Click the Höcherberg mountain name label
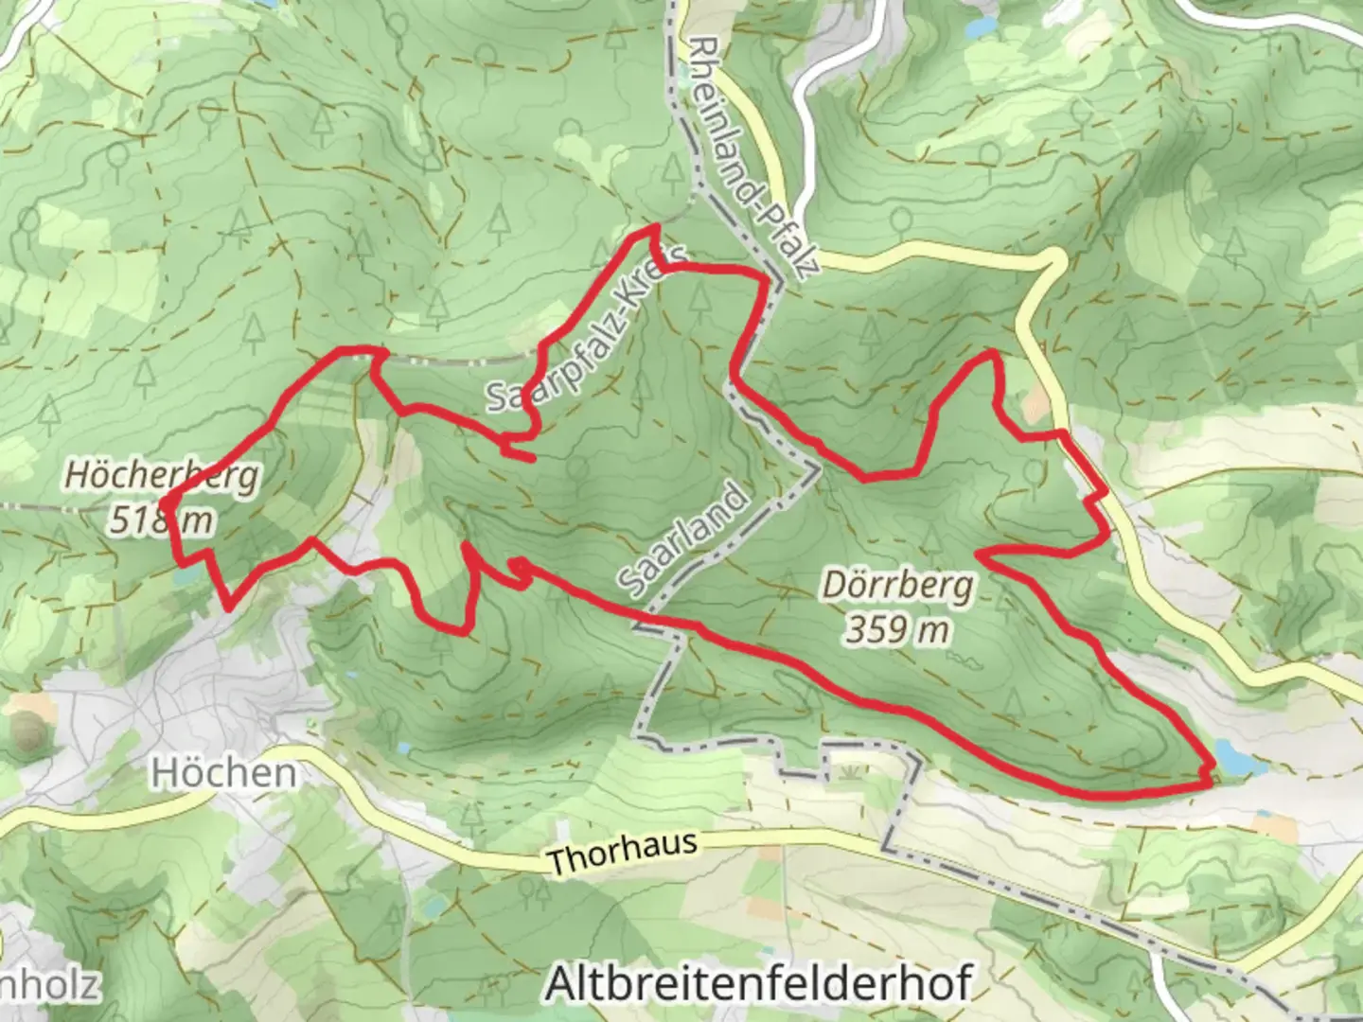[x=161, y=476]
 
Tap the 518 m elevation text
[x=159, y=520]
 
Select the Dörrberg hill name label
[x=896, y=586]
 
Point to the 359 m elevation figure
[x=896, y=628]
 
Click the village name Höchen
[x=223, y=773]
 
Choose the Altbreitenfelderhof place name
[x=758, y=984]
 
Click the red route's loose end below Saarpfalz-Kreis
[x=533, y=459]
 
